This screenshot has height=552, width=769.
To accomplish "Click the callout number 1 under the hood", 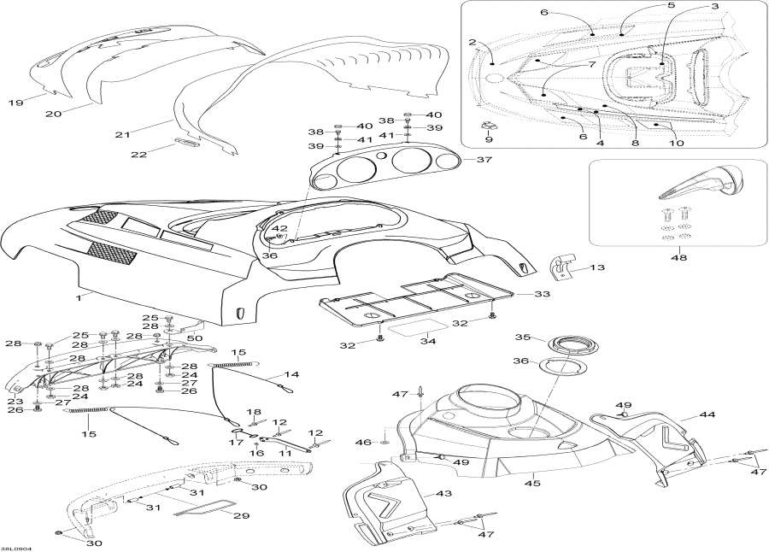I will coord(79,297).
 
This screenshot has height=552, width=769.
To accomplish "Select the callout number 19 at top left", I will coord(16,103).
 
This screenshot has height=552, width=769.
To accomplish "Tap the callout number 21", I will coord(123,134).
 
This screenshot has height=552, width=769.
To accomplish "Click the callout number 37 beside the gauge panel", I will coord(484,160).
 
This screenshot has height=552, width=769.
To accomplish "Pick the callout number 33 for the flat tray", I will coord(542,294).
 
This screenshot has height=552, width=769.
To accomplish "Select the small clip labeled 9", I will coord(490,128).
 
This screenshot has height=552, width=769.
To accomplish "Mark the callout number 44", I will coord(707,414).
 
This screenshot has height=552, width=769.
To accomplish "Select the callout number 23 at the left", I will coord(15,400).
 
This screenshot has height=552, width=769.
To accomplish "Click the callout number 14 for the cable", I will coord(291,374).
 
